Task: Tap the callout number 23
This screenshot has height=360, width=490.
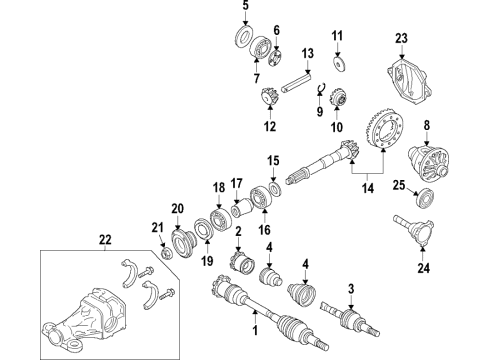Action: tap(403, 39)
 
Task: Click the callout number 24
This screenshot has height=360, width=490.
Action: tap(421, 266)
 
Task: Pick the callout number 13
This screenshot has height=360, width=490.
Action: tap(308, 52)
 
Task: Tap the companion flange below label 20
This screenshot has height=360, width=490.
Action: tap(186, 243)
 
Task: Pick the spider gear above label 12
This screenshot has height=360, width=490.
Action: tap(268, 97)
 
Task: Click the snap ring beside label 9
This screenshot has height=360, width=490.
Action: tap(324, 96)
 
